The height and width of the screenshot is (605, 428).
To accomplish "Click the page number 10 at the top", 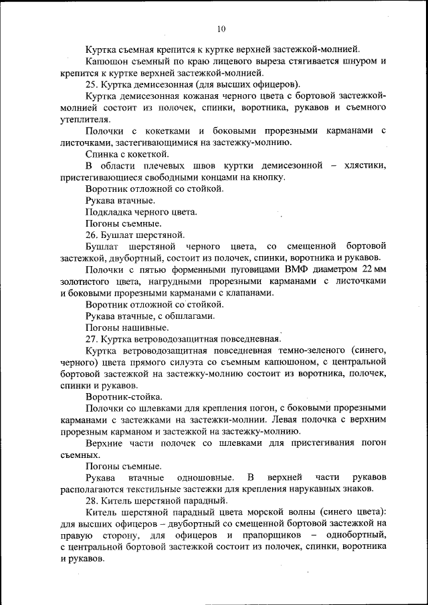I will (x=221, y=29).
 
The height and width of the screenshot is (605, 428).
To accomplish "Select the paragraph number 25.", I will (x=92, y=84).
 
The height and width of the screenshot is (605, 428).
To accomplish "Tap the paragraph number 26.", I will (x=92, y=235).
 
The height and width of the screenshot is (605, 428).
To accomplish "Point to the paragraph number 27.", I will (x=92, y=338).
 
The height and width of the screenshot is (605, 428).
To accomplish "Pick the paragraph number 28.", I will (x=92, y=501).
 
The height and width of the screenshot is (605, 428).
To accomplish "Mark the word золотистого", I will (x=86, y=281).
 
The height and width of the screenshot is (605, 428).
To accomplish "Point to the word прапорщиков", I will (x=265, y=535).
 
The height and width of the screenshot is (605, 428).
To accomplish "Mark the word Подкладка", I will (x=110, y=212).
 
